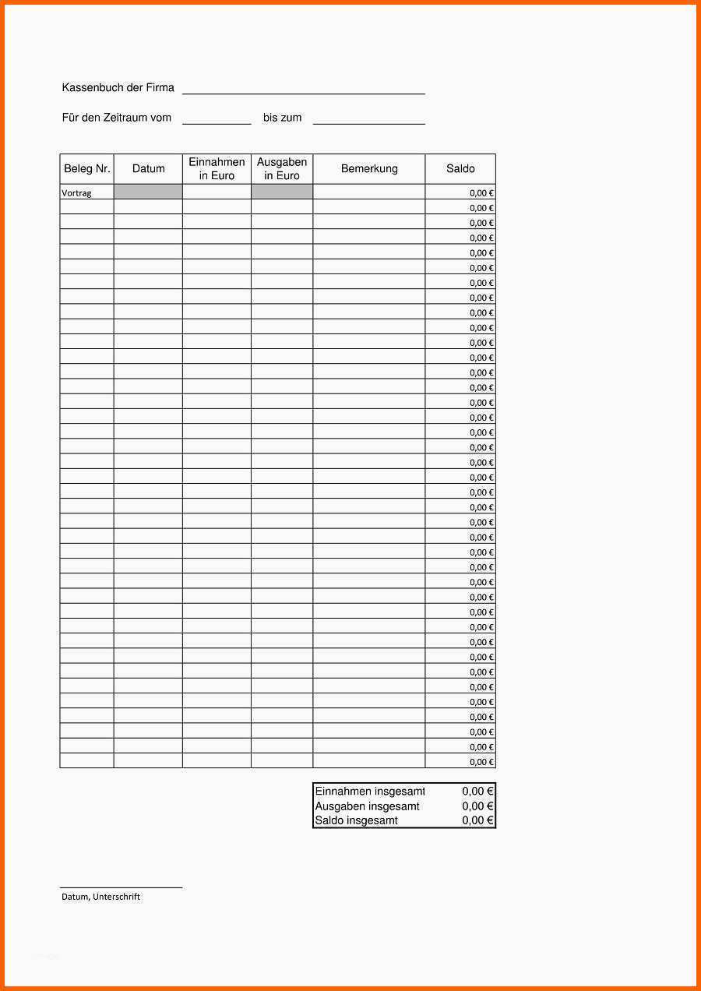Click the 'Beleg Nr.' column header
click(87, 168)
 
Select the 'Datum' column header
click(148, 168)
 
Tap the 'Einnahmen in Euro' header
click(217, 168)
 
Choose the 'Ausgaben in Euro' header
click(282, 168)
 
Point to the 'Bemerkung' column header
click(369, 168)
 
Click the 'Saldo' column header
click(460, 168)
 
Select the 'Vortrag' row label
click(77, 192)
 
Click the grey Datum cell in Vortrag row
click(148, 192)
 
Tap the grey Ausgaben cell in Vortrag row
click(282, 192)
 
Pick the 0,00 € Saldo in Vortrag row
click(481, 192)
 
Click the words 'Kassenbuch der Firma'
click(118, 87)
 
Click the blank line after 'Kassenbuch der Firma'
click(304, 92)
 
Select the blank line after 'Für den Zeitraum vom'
click(217, 122)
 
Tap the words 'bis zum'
click(282, 118)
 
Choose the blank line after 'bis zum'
click(369, 122)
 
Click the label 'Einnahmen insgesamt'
click(369, 792)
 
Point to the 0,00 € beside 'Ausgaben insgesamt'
click(477, 806)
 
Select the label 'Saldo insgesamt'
click(356, 820)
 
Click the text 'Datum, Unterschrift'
click(100, 897)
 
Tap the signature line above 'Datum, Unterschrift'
click(121, 887)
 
